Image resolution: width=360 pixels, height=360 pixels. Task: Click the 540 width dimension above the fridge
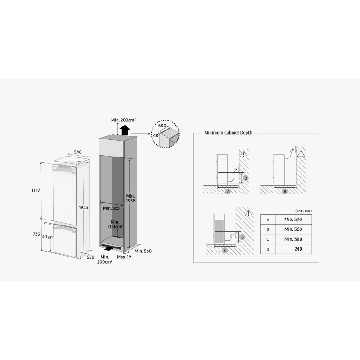pos(78,152)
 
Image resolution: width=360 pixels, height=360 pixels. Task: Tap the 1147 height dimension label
pos(36,190)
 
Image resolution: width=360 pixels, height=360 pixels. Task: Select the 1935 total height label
pos(83,207)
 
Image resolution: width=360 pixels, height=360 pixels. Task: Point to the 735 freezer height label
pos(36,234)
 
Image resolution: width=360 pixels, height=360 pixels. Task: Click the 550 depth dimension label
pos(90,257)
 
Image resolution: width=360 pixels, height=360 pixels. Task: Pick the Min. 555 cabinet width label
pos(111,208)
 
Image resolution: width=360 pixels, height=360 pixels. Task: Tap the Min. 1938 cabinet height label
pos(130,198)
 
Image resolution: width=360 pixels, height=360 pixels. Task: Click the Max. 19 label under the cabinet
pos(124,257)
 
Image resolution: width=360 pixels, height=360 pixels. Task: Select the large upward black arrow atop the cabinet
pos(125,130)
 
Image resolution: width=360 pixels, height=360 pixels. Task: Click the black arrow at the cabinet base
pos(108,248)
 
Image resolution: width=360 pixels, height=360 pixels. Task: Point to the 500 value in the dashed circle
pos(162,126)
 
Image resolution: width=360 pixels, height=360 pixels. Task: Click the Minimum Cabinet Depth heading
pos(228,133)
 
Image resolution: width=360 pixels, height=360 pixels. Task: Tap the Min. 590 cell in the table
pos(293,220)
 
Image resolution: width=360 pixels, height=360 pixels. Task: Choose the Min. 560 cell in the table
pos(293,229)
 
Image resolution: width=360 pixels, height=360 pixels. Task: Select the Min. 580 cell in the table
pos(293,239)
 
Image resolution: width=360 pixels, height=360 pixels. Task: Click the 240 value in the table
pos(298,249)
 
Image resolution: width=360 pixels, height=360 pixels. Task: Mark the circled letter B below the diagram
pos(285,191)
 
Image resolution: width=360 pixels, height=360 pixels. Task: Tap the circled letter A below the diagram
pos(228,191)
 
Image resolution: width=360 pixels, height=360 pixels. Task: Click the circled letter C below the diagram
pos(225,250)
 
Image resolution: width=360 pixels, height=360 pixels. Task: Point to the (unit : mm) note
pos(303,211)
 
